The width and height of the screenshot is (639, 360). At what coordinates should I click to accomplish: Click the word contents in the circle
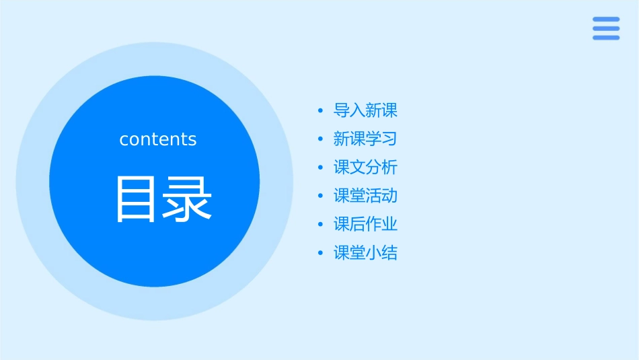pos(158,139)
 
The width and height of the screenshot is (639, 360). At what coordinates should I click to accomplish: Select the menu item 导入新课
pos(365,110)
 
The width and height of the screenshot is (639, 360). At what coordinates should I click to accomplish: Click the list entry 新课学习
pos(365,139)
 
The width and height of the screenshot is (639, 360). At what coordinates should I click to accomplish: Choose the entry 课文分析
pos(365,168)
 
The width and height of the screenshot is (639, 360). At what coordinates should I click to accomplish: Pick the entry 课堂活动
pos(365,196)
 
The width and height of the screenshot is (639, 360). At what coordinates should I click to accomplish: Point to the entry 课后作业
pos(365,225)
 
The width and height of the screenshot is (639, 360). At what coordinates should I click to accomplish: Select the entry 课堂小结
pos(365,253)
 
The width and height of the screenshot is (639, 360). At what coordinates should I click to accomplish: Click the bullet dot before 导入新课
pos(320,110)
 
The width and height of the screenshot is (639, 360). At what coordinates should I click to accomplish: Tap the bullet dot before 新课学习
pos(320,139)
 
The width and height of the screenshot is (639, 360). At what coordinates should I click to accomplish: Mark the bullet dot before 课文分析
pos(320,168)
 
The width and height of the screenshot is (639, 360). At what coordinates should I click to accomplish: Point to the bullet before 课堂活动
pos(320,196)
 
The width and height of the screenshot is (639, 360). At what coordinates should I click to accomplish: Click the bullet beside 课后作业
pos(320,225)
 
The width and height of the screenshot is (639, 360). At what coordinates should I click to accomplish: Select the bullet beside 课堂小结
pos(320,254)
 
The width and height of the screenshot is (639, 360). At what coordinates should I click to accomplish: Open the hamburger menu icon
pos(606,28)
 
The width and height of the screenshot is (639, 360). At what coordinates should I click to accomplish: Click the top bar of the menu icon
pos(606,20)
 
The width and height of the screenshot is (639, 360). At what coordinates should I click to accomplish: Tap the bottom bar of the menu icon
pos(606,38)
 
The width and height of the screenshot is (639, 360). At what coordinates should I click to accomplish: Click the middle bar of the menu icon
pos(606,28)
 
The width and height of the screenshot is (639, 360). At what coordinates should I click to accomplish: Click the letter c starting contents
pos(124,140)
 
